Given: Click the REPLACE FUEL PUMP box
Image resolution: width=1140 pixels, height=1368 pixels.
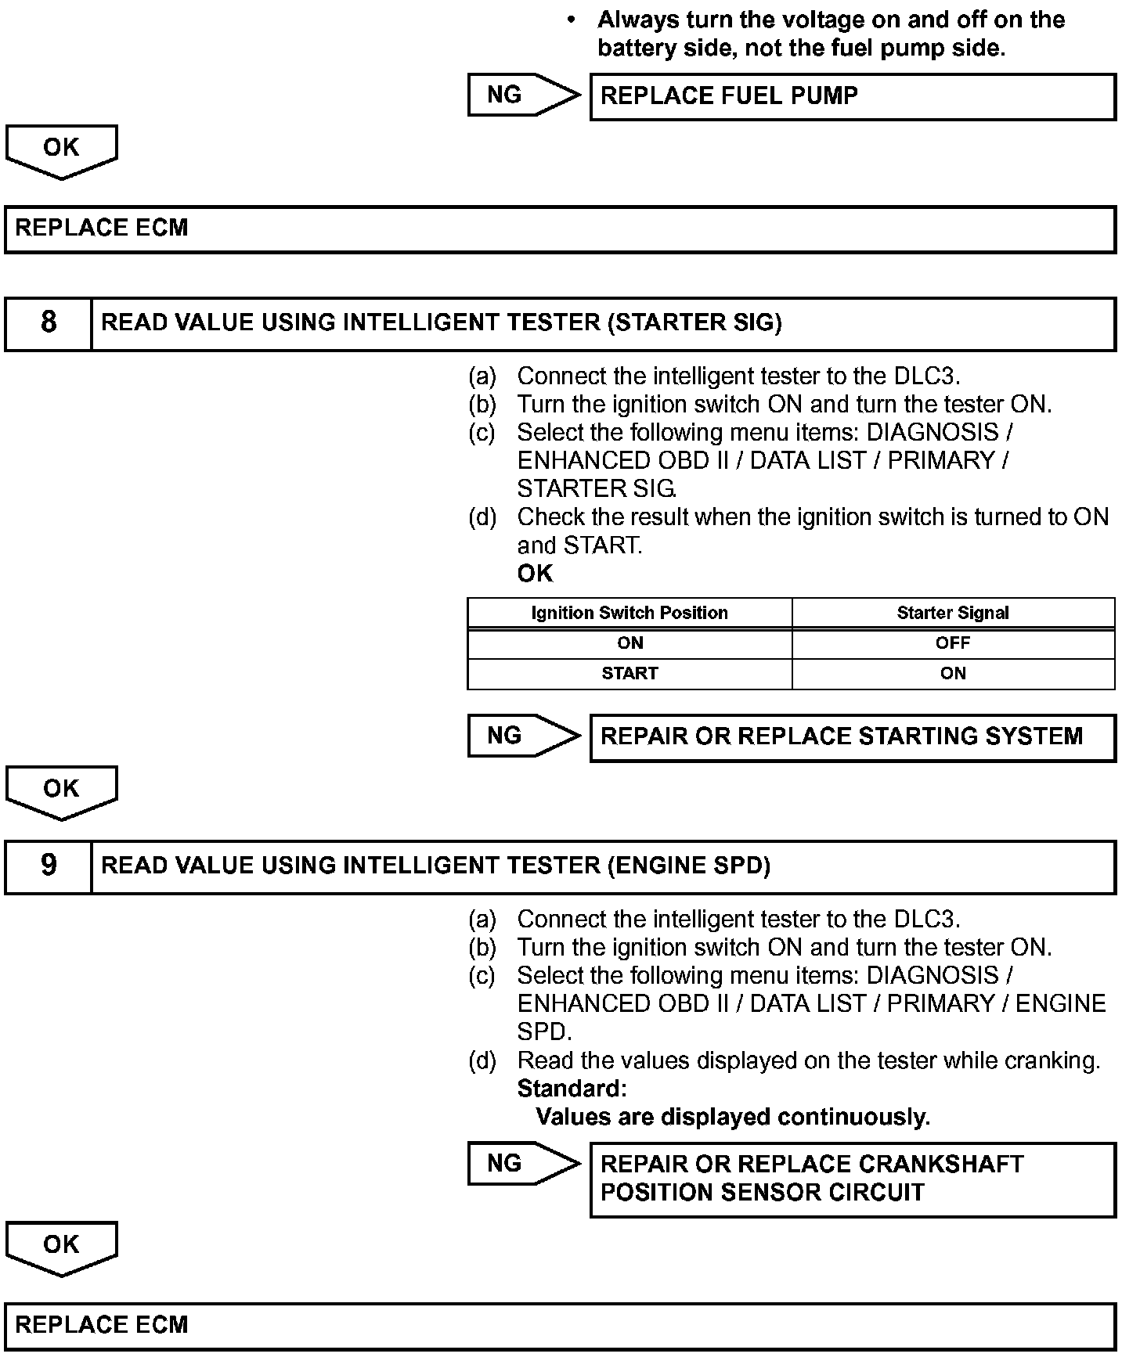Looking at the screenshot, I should [852, 96].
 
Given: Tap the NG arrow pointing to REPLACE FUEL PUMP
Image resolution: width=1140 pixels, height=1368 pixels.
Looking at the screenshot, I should [521, 95].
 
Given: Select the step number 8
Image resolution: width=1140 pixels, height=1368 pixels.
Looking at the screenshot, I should [49, 322].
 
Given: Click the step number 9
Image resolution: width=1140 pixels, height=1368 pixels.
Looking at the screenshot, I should [49, 866].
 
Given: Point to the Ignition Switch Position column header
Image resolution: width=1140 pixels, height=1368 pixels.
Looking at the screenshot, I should [630, 613].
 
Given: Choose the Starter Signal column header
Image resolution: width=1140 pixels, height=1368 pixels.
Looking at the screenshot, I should [953, 613].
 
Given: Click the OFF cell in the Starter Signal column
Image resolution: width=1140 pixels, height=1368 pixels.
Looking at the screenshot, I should [953, 643].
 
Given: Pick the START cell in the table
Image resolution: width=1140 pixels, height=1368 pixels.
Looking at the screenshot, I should [630, 674].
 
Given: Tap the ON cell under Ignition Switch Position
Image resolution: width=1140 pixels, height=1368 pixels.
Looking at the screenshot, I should [630, 643].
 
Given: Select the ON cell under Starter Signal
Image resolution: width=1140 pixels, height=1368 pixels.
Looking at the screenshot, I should [953, 674].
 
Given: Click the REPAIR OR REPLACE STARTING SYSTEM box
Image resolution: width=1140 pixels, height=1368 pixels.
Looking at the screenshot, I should [852, 737].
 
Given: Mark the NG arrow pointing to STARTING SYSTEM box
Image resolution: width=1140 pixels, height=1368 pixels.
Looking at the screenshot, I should [521, 736].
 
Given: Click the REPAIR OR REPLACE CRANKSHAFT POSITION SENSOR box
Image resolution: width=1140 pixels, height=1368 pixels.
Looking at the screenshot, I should [852, 1179].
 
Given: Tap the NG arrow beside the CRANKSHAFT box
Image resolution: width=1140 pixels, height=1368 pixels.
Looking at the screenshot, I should [521, 1164].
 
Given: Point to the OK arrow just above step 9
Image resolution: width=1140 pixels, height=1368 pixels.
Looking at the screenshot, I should [61, 790].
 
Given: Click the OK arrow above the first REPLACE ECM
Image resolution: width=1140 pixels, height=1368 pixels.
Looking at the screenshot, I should [61, 149].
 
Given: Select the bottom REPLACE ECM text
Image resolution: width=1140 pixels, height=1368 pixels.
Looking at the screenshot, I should [102, 1325].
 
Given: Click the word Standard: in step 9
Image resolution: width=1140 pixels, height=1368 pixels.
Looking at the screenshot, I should [572, 1089].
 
